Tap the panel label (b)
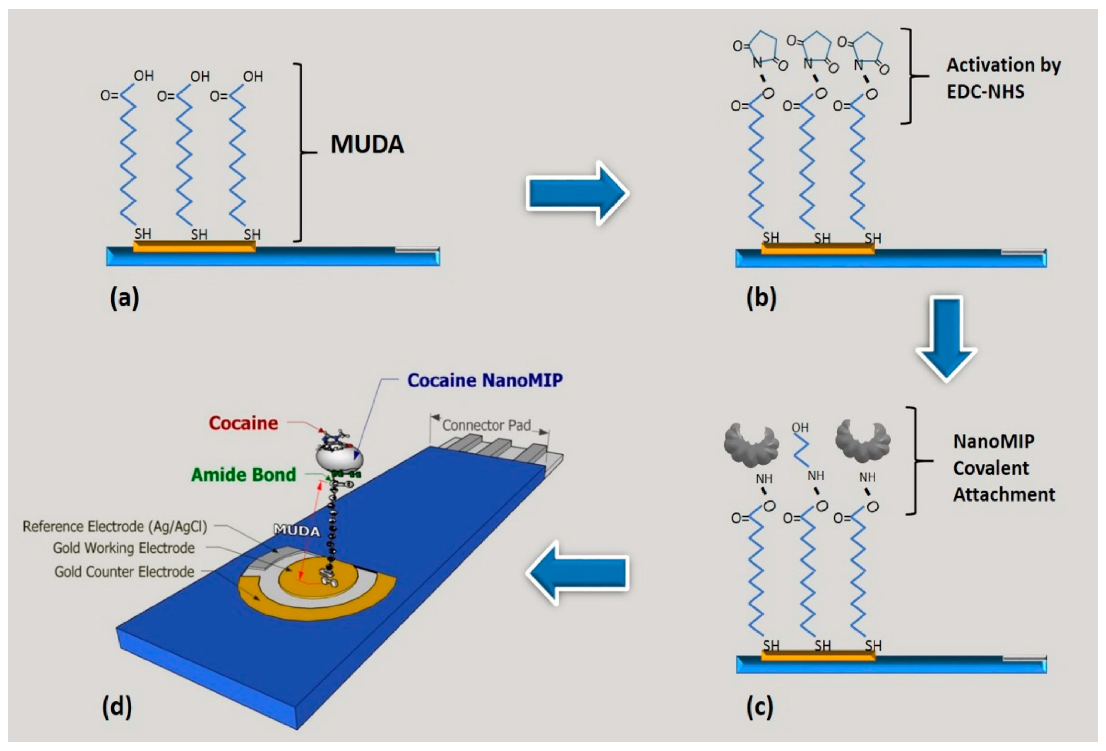[x=761, y=298]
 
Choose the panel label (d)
[x=117, y=707]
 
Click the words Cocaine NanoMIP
[x=485, y=380]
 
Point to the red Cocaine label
[x=243, y=423]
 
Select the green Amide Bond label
[x=243, y=475]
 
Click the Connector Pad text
[x=486, y=425]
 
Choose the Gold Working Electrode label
[x=124, y=548]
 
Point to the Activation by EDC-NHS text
[x=1003, y=78]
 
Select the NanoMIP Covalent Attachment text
[x=1003, y=468]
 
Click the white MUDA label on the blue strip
[x=296, y=530]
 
